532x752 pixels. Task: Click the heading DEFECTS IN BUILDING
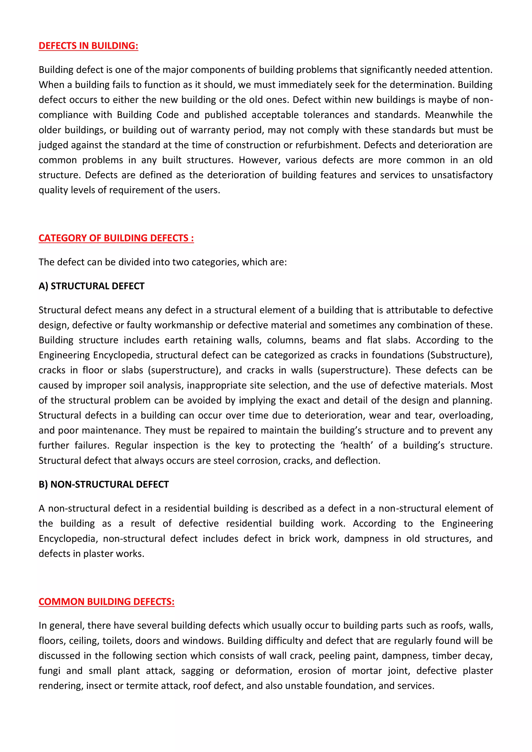pos(88,46)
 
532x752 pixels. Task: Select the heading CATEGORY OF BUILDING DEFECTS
pos(116,238)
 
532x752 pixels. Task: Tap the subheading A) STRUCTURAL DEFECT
pos(91,286)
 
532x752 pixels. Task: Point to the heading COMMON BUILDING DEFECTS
pos(107,602)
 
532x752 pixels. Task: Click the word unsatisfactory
pos(462,175)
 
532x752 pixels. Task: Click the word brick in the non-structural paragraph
pos(299,539)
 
